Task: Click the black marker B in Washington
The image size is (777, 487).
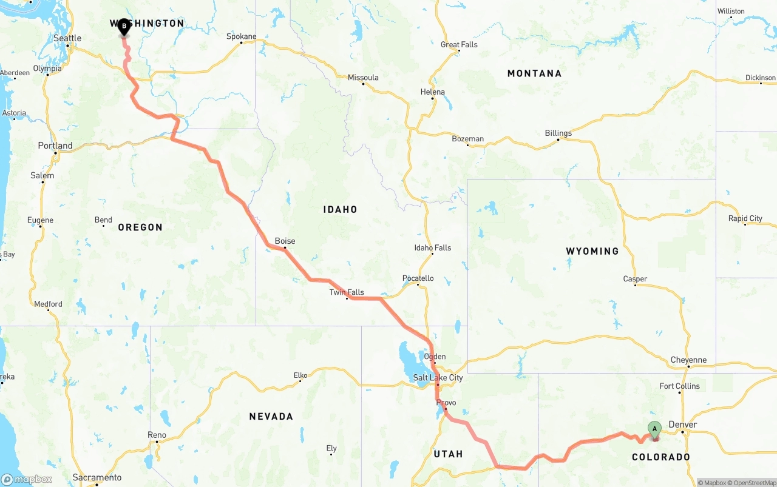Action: click(x=124, y=27)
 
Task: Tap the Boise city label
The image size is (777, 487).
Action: click(x=285, y=241)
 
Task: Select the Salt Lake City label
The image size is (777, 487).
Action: click(x=438, y=378)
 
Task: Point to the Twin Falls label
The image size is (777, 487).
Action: click(x=347, y=292)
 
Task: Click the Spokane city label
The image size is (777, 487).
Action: click(x=242, y=36)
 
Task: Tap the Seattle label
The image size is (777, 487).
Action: click(x=67, y=38)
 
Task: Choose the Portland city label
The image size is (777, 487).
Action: click(x=55, y=146)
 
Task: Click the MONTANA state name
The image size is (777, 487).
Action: click(x=534, y=73)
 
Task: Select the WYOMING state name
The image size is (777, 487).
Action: click(x=592, y=251)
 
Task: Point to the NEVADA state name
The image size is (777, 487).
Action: click(x=271, y=417)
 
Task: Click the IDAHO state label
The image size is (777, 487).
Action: click(x=340, y=209)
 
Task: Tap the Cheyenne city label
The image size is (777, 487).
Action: click(x=688, y=360)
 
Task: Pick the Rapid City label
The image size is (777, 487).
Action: click(x=745, y=218)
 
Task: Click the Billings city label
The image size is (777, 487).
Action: click(x=558, y=133)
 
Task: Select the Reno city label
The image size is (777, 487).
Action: click(x=157, y=435)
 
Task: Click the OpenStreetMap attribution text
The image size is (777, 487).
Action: click(x=754, y=483)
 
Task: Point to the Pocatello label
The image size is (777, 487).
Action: click(x=418, y=278)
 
